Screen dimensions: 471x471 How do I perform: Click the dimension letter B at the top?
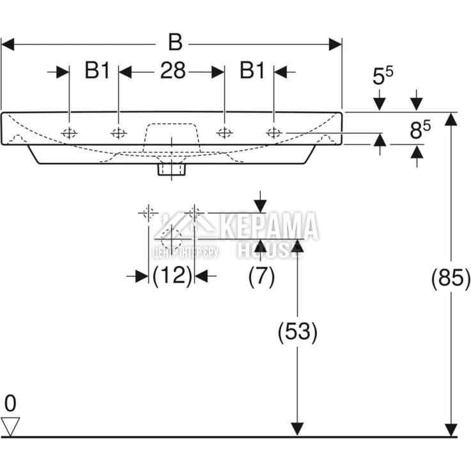point(174,43)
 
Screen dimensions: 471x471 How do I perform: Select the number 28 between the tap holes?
point(172,71)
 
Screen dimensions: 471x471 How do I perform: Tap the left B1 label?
point(97,71)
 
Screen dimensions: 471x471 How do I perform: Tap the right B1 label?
point(252,71)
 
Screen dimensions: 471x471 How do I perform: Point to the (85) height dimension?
point(452,278)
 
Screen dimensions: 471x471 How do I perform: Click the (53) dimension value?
point(297,332)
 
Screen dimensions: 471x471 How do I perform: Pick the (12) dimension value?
point(173,275)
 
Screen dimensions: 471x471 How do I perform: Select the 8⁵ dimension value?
point(419,131)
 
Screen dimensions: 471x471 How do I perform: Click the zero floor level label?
point(10,403)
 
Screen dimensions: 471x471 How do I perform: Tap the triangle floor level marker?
point(11,424)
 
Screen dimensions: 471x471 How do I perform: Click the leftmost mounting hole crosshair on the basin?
point(68,133)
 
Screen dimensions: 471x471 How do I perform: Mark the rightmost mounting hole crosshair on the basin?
point(274,133)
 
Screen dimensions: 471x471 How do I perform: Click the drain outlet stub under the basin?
point(171,170)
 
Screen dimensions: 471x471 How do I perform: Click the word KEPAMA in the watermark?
point(268,226)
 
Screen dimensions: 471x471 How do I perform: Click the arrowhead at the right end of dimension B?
point(336,44)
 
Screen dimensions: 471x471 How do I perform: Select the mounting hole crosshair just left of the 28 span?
point(118,133)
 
